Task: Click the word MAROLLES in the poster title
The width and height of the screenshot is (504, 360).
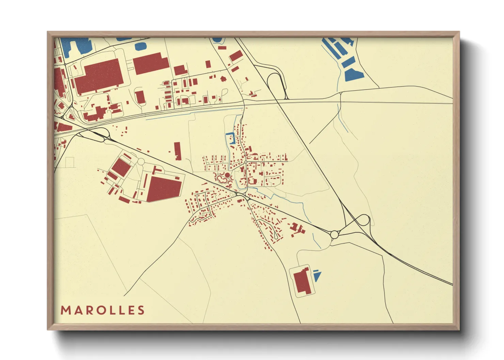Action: (x=103, y=310)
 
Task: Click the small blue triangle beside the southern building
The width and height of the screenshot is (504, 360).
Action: (x=317, y=276)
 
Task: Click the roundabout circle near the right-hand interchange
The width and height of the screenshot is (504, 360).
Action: (x=334, y=234)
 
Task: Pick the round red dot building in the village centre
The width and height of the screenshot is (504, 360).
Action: (x=227, y=175)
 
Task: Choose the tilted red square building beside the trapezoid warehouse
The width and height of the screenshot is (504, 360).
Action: (x=121, y=167)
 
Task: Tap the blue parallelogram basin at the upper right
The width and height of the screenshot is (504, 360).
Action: (x=354, y=75)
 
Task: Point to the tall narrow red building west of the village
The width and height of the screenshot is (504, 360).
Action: (x=177, y=151)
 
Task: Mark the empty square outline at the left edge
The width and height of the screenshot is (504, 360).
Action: (x=69, y=162)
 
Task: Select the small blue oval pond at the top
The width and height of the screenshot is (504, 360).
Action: (x=141, y=46)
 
